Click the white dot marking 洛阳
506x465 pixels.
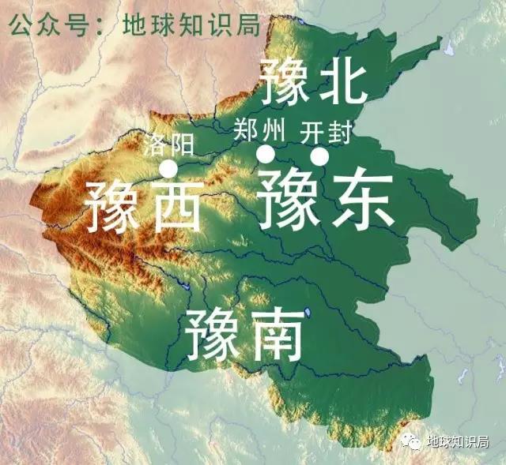click(x=168, y=168)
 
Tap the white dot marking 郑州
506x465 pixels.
click(x=266, y=154)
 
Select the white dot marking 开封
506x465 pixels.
click(x=319, y=157)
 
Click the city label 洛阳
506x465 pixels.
click(x=168, y=144)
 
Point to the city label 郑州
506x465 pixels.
click(x=255, y=129)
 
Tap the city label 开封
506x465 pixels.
click(x=326, y=132)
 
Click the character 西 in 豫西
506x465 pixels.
click(x=172, y=204)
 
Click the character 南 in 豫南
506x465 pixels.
click(x=274, y=335)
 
